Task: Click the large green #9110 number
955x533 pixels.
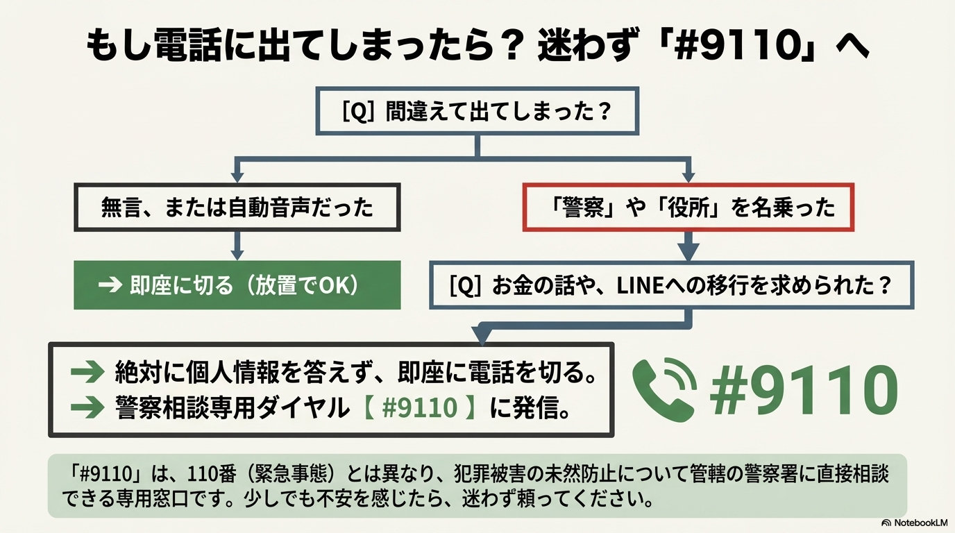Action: coord(804,389)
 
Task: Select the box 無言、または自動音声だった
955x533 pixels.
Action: coord(237,207)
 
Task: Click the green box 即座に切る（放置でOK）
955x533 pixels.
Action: coord(237,285)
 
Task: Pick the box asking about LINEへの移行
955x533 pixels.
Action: coord(670,285)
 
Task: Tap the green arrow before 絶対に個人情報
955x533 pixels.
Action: coord(87,373)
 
